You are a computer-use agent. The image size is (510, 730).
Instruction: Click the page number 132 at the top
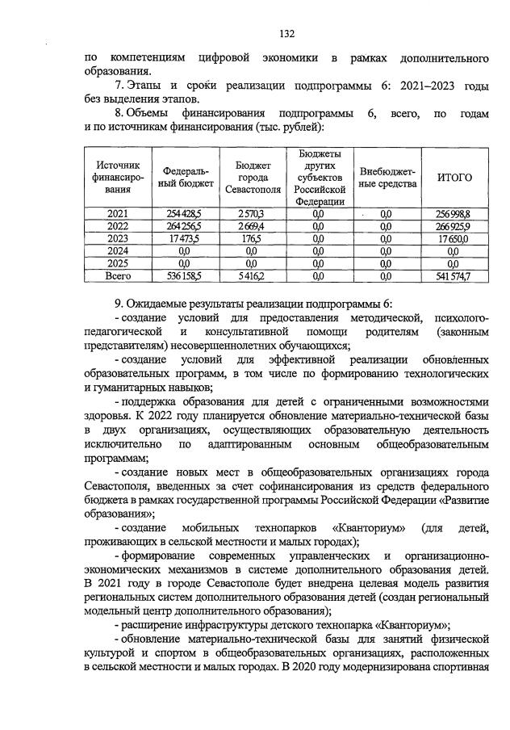point(286,33)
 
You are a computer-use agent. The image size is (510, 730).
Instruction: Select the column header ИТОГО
point(454,178)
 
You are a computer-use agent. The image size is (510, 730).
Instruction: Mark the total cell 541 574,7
point(454,276)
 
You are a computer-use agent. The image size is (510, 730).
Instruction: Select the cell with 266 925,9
point(454,226)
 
